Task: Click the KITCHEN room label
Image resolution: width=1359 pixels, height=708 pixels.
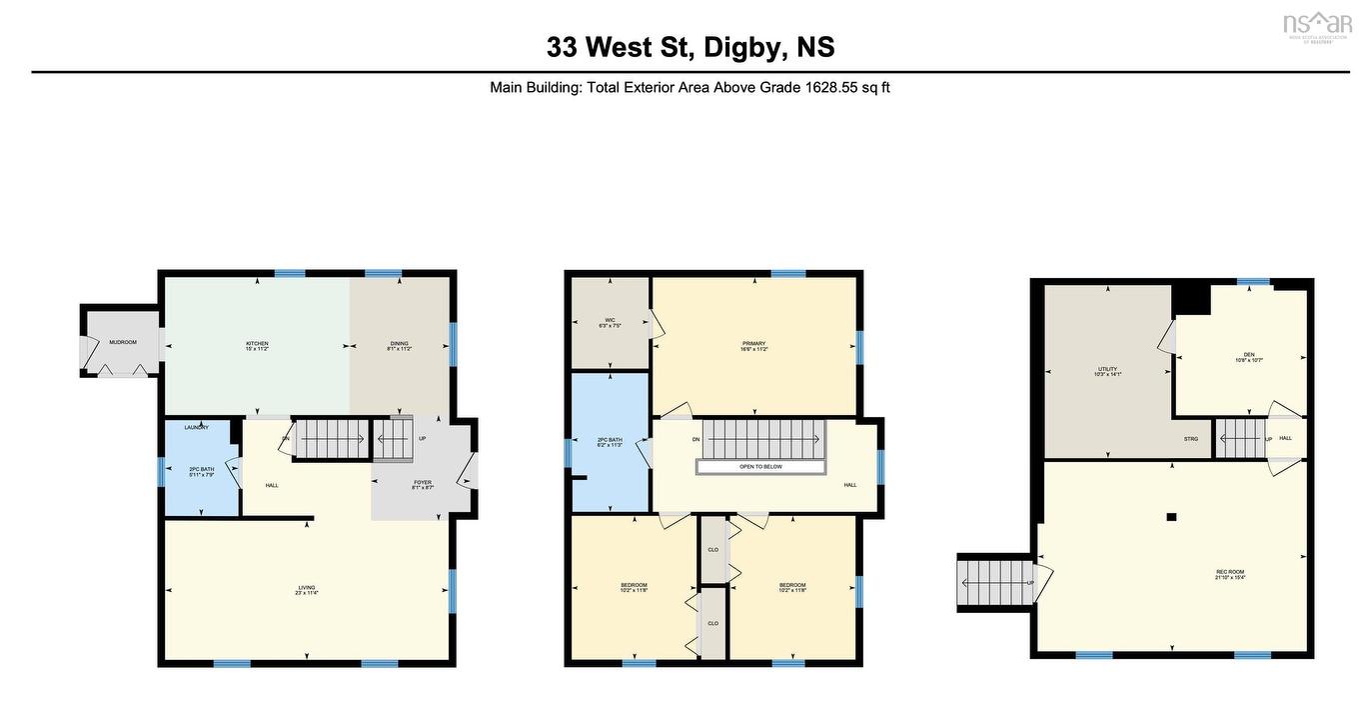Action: pos(257,344)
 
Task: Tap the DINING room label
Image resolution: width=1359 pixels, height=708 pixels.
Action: pos(399,344)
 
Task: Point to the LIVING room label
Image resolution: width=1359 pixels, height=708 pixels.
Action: pos(307,589)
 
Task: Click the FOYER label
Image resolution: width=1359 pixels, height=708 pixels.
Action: pos(423,483)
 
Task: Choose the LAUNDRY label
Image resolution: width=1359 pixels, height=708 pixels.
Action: pos(196,428)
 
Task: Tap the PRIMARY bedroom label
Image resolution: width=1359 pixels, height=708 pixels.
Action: pos(753,344)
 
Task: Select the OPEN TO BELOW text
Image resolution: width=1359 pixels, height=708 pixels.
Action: pos(760,466)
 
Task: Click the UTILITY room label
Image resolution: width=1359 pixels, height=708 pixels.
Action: pos(1107,369)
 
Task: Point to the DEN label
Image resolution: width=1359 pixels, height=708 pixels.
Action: pos(1249,354)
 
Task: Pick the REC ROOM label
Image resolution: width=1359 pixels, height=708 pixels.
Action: pos(1229,572)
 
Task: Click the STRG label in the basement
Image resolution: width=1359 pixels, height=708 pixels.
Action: pos(1191,438)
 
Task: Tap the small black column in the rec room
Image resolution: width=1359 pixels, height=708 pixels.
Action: pos(1172,517)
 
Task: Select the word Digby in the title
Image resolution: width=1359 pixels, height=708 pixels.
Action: pos(743,47)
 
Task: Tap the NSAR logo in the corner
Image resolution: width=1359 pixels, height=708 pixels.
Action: pos(1316,24)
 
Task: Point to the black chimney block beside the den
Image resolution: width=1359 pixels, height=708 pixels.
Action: pos(1190,297)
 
